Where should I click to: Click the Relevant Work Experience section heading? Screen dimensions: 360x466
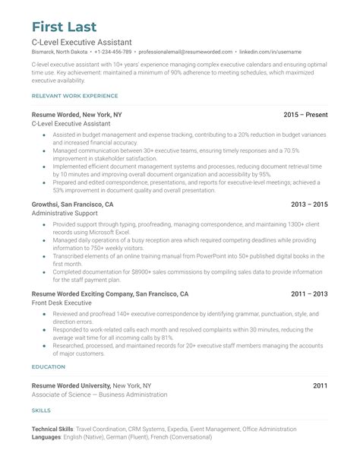[74, 96]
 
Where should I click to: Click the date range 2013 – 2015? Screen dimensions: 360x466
[309, 204]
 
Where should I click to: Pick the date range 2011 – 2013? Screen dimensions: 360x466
[309, 294]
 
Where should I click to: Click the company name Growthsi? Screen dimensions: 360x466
[49, 204]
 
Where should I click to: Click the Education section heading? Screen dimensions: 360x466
[48, 367]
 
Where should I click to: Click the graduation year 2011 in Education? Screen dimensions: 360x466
[320, 386]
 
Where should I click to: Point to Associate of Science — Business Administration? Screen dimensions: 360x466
[100, 395]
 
